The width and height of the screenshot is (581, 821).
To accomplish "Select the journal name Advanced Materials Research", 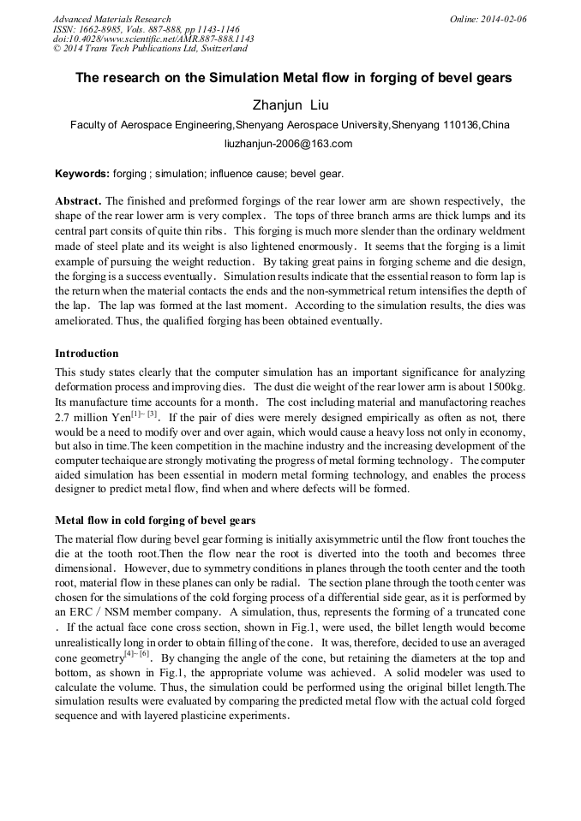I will tap(111, 19).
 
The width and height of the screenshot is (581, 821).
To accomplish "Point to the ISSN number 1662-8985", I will tap(111, 29).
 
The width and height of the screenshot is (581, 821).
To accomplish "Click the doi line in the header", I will tap(153, 39).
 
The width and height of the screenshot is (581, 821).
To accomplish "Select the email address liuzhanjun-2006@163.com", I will tap(289, 144).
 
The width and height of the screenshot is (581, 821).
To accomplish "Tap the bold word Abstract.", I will tap(78, 200).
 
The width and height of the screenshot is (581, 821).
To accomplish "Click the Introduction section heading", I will tap(87, 354).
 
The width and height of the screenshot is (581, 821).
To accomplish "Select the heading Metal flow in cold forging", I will tap(155, 521).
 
